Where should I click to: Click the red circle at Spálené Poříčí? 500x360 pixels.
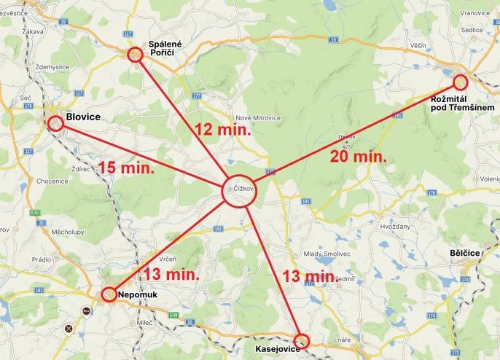tap(135, 55)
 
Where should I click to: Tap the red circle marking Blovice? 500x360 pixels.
tap(55, 124)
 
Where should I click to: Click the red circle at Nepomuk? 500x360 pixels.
tap(107, 294)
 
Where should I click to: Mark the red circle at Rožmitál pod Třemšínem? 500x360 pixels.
tap(459, 82)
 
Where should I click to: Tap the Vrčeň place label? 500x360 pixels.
tap(167, 259)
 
